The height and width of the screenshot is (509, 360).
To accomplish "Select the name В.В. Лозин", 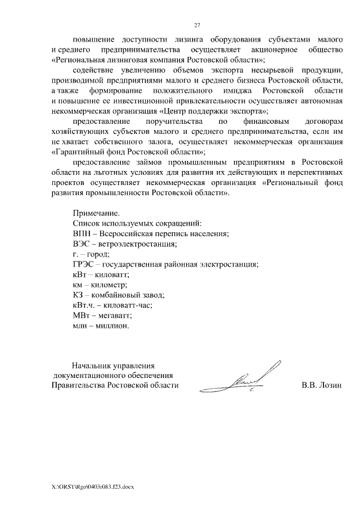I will pos(322,385).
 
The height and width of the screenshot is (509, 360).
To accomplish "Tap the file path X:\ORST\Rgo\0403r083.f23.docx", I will pos(93,486).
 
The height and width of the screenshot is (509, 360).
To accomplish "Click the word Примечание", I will pos(96,213).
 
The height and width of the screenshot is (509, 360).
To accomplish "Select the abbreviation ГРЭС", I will pos(85,264).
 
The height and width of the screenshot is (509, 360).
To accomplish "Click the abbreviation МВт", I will pos(83,316).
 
